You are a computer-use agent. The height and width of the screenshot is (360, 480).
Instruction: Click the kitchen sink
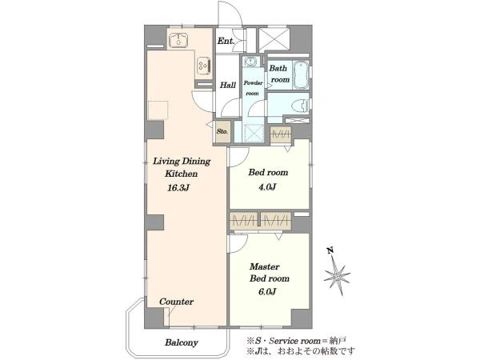pyautogui.click(x=178, y=39)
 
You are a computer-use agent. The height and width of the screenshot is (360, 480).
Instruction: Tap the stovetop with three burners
pyautogui.click(x=204, y=66)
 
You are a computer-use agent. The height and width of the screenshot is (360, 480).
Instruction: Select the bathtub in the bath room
pyautogui.click(x=300, y=75)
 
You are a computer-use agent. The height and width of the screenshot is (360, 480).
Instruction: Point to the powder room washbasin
pyautogui.click(x=251, y=62)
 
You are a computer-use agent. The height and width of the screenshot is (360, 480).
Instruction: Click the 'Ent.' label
pyautogui.click(x=226, y=41)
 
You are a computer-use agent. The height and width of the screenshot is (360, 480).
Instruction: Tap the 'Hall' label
pyautogui.click(x=228, y=85)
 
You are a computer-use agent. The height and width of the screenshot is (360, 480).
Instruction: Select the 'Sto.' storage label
pyautogui.click(x=222, y=132)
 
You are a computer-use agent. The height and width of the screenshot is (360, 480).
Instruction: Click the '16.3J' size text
pyautogui.click(x=178, y=188)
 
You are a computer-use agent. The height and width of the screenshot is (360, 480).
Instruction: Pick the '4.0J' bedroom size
pyautogui.click(x=267, y=186)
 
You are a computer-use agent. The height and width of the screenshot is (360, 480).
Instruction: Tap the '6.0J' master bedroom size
pyautogui.click(x=267, y=291)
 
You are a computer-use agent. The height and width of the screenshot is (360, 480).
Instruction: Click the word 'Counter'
pyautogui.click(x=177, y=302)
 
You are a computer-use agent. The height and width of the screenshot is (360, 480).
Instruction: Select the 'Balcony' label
pyautogui.click(x=182, y=342)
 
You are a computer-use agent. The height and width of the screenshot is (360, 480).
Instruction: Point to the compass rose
pyautogui.click(x=337, y=274)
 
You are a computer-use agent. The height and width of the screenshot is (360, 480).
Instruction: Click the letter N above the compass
pyautogui.click(x=330, y=251)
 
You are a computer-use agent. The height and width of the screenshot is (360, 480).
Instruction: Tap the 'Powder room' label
pyautogui.click(x=253, y=88)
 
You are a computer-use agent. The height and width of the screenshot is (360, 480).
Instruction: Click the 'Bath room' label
pyautogui.click(x=279, y=74)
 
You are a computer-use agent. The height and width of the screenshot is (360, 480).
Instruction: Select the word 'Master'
pyautogui.click(x=265, y=266)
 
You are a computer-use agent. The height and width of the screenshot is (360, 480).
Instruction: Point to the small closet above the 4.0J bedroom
pyautogui.click(x=281, y=134)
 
